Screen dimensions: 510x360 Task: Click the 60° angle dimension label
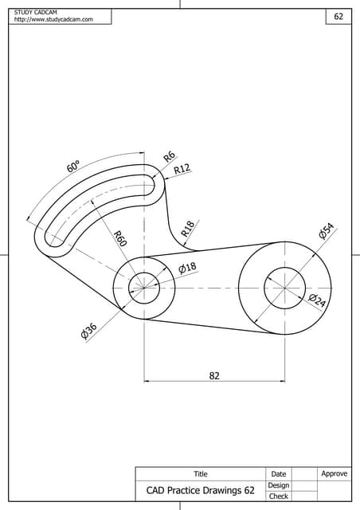(x=72, y=166)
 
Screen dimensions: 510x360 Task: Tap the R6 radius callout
(x=169, y=156)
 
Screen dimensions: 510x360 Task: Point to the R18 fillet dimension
(x=188, y=229)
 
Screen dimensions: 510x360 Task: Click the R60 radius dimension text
(x=119, y=237)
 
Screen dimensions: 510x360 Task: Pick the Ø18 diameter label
(x=187, y=268)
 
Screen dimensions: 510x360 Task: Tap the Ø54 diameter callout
(x=327, y=232)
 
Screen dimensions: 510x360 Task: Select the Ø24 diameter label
(x=316, y=301)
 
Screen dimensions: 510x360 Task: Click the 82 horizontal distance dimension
(x=214, y=375)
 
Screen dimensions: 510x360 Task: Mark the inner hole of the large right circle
(x=284, y=287)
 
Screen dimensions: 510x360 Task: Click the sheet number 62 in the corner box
(x=338, y=16)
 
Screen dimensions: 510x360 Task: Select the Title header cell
(x=200, y=474)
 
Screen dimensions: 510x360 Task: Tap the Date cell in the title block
(x=279, y=474)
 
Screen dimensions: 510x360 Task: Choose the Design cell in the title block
(x=279, y=485)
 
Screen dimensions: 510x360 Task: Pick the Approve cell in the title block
(x=335, y=474)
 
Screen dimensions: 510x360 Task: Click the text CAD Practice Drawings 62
(x=200, y=491)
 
